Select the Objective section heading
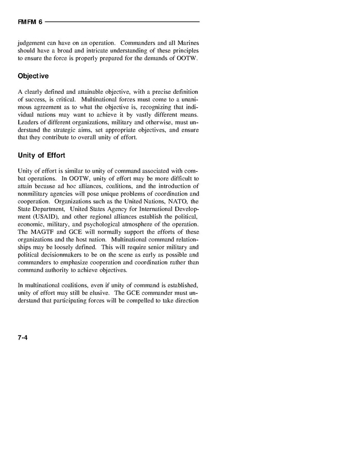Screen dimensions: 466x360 [33, 76]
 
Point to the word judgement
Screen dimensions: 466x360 [33, 43]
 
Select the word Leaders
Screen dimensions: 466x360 [29, 121]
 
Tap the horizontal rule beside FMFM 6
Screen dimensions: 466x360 [122, 22]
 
